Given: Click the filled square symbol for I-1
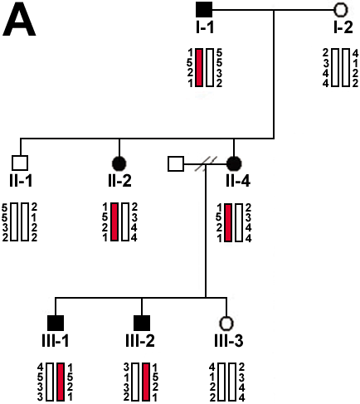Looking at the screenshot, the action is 204,9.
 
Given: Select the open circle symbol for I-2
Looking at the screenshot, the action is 341,9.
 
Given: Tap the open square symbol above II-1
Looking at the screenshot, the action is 20,163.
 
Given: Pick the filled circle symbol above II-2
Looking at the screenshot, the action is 119,163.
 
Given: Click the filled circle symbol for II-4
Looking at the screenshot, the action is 234,163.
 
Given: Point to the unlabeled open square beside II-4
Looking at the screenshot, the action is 176,163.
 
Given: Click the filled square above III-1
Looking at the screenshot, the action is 56,323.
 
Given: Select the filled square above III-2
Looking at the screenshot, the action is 142,323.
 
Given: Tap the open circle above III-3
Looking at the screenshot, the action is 226,323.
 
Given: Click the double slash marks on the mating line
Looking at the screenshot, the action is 206,163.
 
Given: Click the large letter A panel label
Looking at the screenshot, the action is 19,19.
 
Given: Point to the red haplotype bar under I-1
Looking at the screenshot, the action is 199,67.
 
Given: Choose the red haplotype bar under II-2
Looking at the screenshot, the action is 114,221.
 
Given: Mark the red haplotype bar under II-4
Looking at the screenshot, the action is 228,222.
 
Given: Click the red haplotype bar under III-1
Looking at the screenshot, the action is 61,382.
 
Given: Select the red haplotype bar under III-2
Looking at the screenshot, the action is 146,382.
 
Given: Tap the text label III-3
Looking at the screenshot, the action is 229,340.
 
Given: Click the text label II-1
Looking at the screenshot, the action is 21,181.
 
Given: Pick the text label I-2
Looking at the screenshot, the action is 343,27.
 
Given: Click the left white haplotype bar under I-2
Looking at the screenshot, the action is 335,67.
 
